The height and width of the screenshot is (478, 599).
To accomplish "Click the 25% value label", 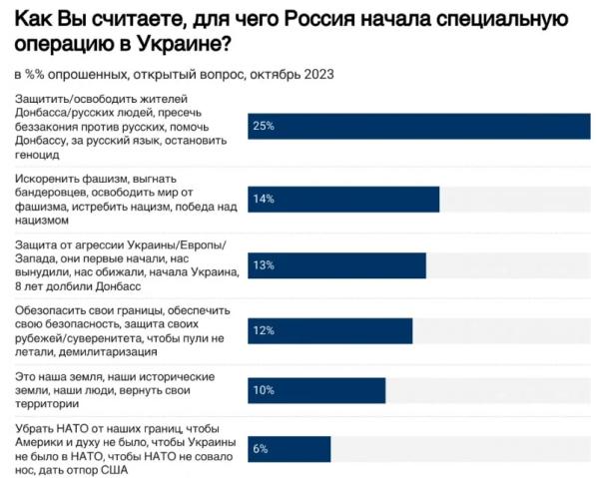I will (x=264, y=127).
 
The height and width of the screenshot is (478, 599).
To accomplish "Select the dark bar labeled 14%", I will (x=343, y=199).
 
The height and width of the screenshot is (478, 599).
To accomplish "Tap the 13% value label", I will (x=264, y=266).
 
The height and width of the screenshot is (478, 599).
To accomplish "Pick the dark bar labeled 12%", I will (x=329, y=330).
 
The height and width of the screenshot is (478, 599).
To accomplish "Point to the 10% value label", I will (x=264, y=391).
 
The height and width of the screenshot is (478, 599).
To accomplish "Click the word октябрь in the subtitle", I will (x=272, y=75).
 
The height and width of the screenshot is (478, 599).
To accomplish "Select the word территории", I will (x=45, y=405).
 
